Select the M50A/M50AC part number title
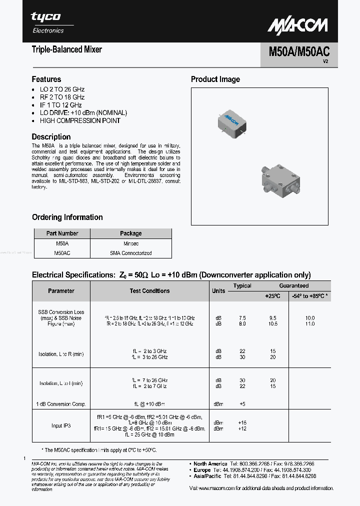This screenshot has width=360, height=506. [299, 51]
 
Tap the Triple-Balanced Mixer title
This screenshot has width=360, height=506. [66, 49]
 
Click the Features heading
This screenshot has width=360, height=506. [46, 79]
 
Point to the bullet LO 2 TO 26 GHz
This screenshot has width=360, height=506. [62, 89]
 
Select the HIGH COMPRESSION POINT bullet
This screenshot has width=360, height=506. [80, 120]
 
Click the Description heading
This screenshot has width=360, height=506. [51, 136]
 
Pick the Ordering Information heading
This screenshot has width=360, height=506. [67, 217]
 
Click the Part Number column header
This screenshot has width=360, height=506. [62, 233]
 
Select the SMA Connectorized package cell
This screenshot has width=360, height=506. [130, 253]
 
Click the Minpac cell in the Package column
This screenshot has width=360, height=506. [130, 243]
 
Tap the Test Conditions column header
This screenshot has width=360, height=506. [149, 290]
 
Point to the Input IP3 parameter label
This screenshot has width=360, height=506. [61, 425]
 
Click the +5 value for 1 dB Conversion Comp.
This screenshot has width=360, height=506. [242, 403]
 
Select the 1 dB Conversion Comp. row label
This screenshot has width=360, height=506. [61, 403]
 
